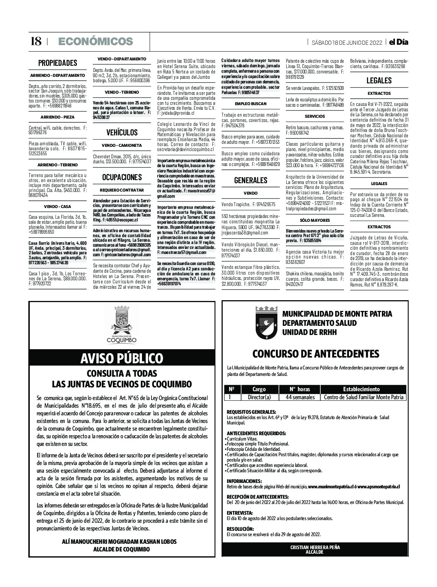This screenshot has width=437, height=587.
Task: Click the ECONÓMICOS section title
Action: tap(95, 41)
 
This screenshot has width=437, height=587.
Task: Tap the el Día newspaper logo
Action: tap(398, 42)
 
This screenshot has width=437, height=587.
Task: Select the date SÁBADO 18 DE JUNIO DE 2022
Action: tap(347, 42)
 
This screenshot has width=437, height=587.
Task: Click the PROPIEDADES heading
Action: tap(57, 63)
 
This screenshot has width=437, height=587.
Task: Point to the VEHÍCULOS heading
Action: tap(122, 133)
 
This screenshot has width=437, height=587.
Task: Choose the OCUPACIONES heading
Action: tap(122, 177)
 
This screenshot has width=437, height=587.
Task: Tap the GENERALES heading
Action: tap(251, 180)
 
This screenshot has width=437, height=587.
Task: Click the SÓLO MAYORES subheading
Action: tap(315, 221)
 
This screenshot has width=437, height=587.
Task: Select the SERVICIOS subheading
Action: tap(315, 116)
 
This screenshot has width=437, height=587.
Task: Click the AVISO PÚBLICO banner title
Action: tap(122, 358)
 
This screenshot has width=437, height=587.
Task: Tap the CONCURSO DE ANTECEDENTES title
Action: tap(316, 353)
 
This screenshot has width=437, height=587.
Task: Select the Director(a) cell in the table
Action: tap(259, 397)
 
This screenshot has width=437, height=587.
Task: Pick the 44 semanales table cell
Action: tap(300, 397)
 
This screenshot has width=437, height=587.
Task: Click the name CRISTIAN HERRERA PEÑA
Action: tap(315, 547)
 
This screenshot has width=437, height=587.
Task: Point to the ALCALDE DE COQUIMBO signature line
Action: tap(122, 550)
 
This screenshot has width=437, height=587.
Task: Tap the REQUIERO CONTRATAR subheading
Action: tap(122, 190)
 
